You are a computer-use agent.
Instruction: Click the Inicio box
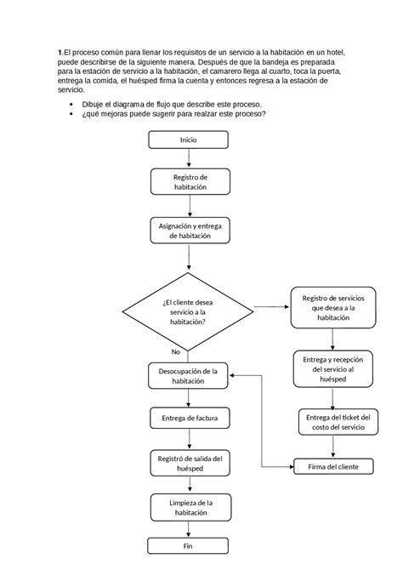click(188, 140)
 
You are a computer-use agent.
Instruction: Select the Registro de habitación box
click(188, 181)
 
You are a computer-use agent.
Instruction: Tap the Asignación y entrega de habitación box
click(188, 231)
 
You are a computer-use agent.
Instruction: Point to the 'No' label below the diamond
click(175, 351)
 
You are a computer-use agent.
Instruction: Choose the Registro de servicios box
click(332, 307)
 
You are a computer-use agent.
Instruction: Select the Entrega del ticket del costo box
click(338, 422)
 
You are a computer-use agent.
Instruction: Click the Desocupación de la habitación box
click(188, 376)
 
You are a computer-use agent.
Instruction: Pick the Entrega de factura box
click(188, 419)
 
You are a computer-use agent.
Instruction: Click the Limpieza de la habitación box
click(188, 509)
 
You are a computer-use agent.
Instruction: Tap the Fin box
click(188, 547)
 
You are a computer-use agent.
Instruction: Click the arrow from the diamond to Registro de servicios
click(271, 307)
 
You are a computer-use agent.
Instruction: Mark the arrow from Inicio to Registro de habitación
click(188, 159)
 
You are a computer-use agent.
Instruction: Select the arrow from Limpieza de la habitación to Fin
click(188, 530)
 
